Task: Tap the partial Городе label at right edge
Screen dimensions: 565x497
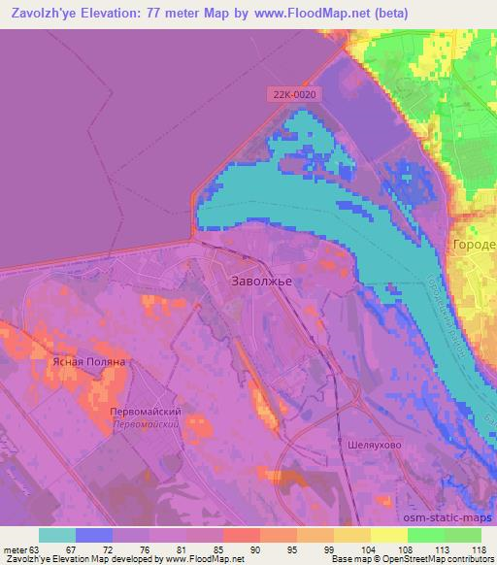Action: [474, 245]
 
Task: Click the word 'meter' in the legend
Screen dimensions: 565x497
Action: [17, 548]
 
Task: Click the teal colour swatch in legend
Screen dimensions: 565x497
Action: [57, 534]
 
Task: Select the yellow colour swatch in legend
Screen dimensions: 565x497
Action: [389, 534]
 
